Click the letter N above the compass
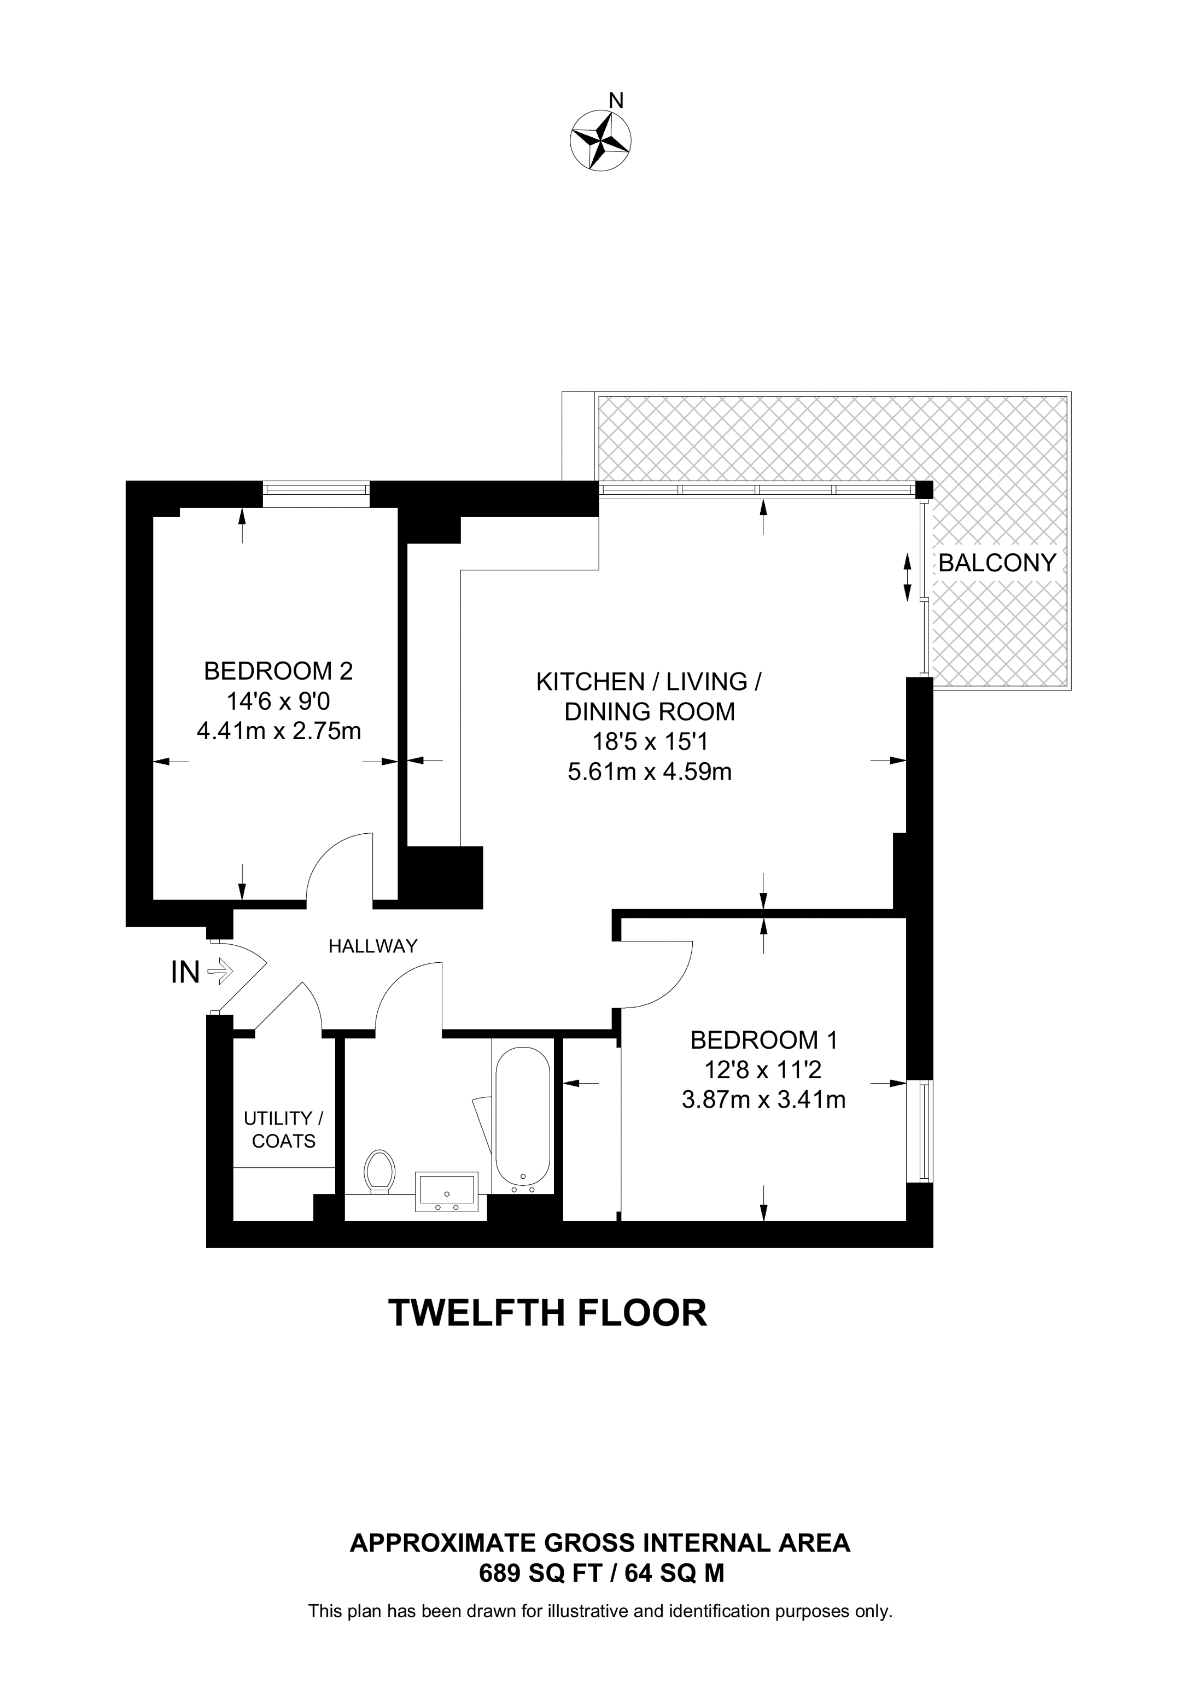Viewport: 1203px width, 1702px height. (615, 100)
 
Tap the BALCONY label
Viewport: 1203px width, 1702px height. (997, 563)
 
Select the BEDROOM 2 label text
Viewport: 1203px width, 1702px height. (279, 671)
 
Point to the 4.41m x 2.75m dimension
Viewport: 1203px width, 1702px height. (279, 732)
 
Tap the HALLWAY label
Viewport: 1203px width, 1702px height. (373, 946)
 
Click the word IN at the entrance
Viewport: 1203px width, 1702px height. (185, 972)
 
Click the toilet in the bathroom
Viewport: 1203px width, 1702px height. (379, 1172)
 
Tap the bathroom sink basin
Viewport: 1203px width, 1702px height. (446, 1191)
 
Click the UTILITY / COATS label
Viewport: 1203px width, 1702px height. (284, 1130)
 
